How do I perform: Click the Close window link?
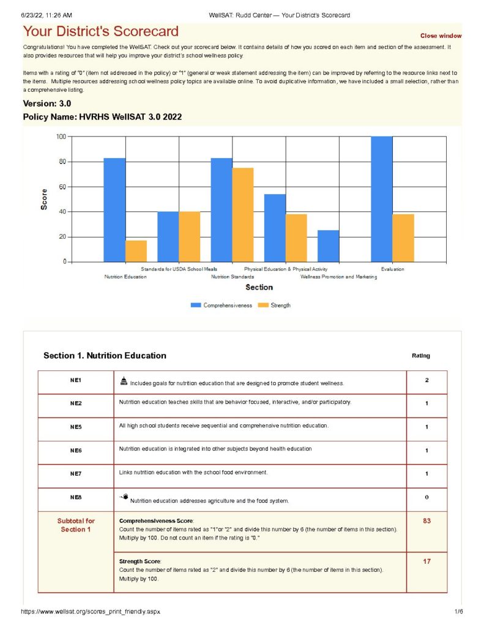(441, 36)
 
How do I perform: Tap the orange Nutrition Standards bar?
(243, 214)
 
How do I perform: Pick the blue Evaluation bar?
(382, 199)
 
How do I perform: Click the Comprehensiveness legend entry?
(221, 305)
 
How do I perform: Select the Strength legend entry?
(275, 305)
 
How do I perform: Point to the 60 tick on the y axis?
(62, 187)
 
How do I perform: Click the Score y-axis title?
(44, 199)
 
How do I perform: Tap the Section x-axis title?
(259, 287)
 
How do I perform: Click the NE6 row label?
(76, 450)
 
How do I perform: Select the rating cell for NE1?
(426, 381)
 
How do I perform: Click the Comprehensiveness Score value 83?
(426, 520)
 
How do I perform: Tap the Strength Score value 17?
(426, 561)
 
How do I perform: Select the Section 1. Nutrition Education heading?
(105, 356)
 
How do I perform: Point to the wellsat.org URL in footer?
(92, 612)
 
